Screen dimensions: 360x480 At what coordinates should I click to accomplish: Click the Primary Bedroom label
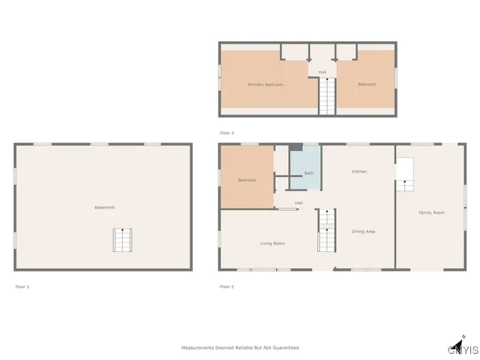pos(265,85)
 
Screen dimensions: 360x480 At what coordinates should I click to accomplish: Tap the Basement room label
pos(104,207)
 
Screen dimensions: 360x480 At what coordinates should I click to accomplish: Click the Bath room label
pos(308,173)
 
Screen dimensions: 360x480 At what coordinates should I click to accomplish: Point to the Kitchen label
pos(359,172)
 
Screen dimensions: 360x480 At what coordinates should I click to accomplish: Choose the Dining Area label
pos(363,232)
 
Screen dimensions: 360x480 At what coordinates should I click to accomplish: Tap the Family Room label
pos(431,213)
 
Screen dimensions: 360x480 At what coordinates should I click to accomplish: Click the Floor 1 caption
pos(22,286)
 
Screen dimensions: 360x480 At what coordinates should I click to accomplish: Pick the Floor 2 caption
pos(226,286)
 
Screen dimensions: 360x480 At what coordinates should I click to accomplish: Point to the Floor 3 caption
pos(226,133)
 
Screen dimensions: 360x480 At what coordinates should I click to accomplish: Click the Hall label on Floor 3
pos(322,72)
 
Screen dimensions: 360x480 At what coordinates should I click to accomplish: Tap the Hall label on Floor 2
pos(298,202)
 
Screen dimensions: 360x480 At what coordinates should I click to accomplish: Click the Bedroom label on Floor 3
pos(366,85)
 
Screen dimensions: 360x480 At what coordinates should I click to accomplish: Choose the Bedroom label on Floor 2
pos(247,180)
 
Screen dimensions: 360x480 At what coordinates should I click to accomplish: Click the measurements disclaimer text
pos(240,348)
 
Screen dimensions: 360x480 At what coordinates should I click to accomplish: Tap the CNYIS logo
pos(463,347)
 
